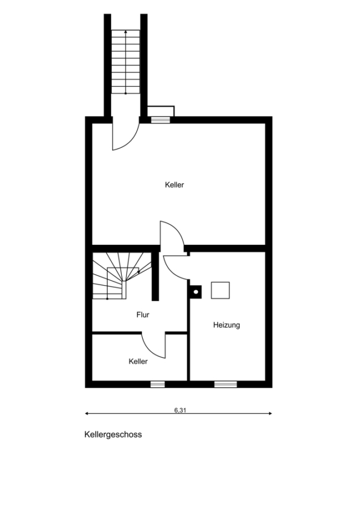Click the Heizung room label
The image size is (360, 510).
pyautogui.click(x=227, y=325)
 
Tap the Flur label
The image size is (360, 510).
pyautogui.click(x=143, y=315)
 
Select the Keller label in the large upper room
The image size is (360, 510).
pyautogui.click(x=175, y=185)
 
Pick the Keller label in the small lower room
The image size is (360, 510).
pyautogui.click(x=138, y=362)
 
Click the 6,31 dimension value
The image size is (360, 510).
pyautogui.click(x=180, y=410)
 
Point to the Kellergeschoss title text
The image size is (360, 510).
pyautogui.click(x=113, y=435)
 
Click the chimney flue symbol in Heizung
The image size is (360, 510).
pyautogui.click(x=196, y=292)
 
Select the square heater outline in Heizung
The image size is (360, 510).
pyautogui.click(x=221, y=290)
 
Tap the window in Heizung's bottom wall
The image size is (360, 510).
pyautogui.click(x=226, y=384)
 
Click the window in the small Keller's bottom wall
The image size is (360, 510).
pyautogui.click(x=158, y=384)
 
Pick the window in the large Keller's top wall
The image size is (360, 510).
pyautogui.click(x=161, y=120)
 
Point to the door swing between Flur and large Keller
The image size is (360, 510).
pyautogui.click(x=179, y=229)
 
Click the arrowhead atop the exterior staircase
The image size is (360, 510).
pyautogui.click(x=126, y=32)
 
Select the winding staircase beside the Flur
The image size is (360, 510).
pyautogui.click(x=122, y=275)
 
